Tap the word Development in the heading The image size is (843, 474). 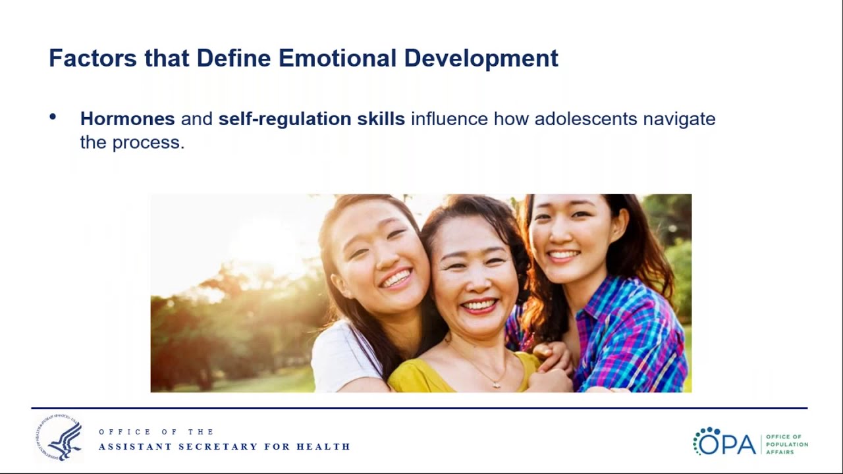[481, 58]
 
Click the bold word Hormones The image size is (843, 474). [127, 119]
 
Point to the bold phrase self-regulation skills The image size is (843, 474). [312, 119]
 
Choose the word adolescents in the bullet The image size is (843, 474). [585, 119]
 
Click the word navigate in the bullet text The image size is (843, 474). [679, 119]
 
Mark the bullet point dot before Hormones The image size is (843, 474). [53, 118]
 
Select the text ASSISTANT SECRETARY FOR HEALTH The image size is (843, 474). [225, 447]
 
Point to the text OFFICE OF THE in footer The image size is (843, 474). [156, 432]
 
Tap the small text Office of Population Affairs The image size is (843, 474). [786, 444]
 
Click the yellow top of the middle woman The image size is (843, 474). [421, 379]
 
